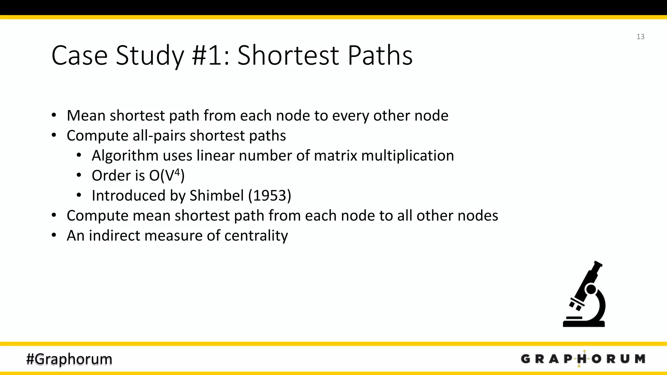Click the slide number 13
(x=640, y=36)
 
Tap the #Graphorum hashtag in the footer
(x=69, y=359)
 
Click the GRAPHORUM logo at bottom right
(x=583, y=359)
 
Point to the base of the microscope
(x=584, y=324)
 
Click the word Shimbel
(x=217, y=196)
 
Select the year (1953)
(x=270, y=196)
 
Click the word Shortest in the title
(x=289, y=55)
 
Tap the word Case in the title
(x=79, y=55)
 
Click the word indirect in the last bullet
(x=114, y=236)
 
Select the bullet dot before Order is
(x=79, y=175)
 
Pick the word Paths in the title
(x=380, y=55)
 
